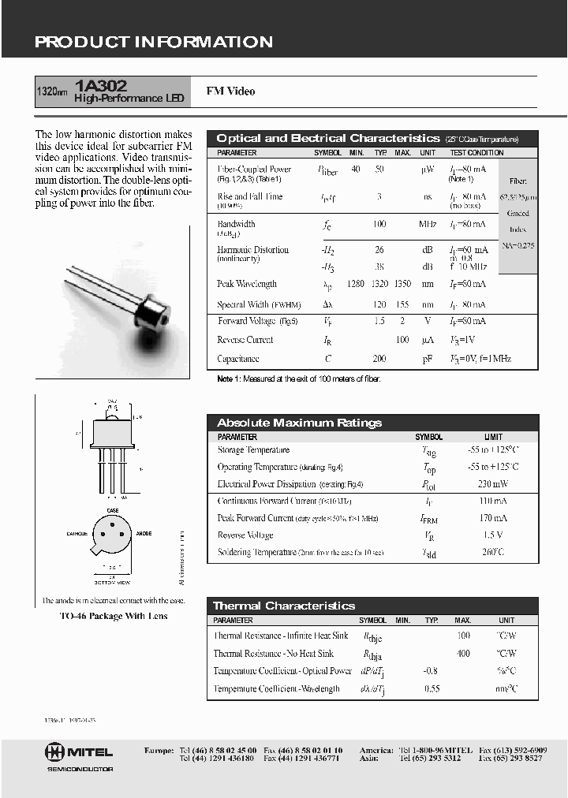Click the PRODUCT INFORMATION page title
pos(154,42)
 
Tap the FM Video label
pos(230,91)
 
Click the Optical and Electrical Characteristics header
pos(327,138)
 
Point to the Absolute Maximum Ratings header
pos(299,423)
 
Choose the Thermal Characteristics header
pos(284,606)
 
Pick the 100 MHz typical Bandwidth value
pos(379,225)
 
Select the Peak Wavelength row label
pos(246,284)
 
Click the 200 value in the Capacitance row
pos(379,359)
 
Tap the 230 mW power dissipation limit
pos(492,484)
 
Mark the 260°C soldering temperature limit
pos(492,553)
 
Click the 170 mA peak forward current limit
pos(492,519)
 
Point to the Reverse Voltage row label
pos(245,535)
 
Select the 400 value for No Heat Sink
pos(463,654)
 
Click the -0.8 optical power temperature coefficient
pos(431,671)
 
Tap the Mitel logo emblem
pos(54,751)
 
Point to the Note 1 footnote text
pos(298,379)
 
